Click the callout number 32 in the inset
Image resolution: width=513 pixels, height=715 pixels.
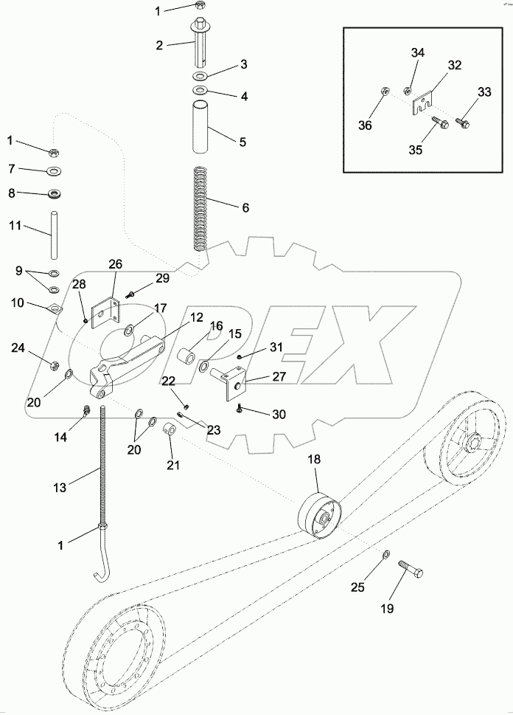[x=455, y=66]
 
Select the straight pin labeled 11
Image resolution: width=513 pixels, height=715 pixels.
[x=54, y=233]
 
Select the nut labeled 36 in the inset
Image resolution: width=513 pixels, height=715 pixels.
[x=384, y=92]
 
